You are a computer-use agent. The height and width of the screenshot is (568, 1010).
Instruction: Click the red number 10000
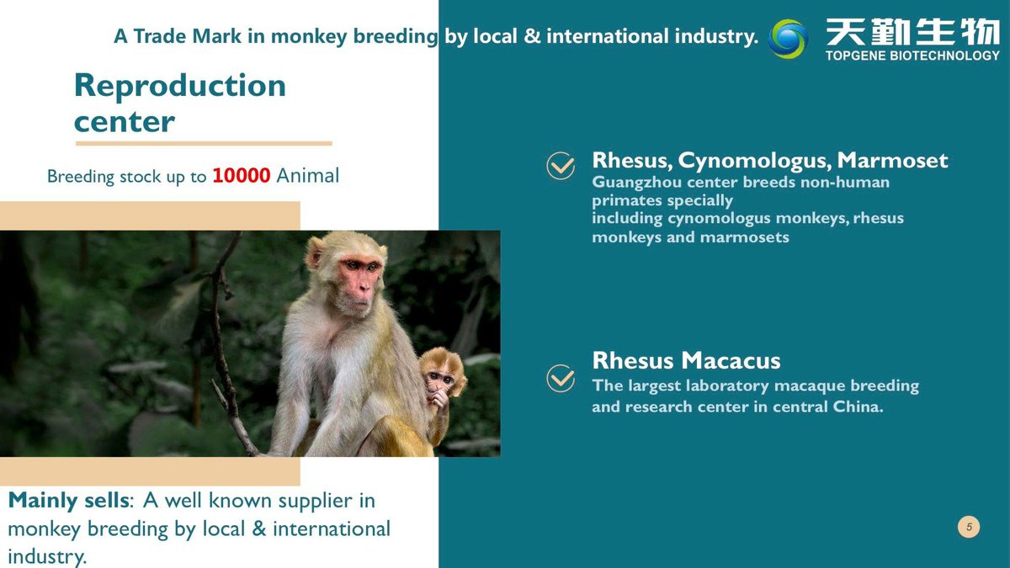click(x=242, y=175)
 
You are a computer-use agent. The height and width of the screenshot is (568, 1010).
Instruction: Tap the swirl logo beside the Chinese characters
click(x=788, y=39)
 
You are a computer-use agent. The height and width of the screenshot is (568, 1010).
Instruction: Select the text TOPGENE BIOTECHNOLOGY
click(x=912, y=56)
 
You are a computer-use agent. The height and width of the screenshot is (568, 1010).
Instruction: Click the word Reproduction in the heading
click(x=180, y=86)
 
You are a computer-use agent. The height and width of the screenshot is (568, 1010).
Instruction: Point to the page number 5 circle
click(x=969, y=527)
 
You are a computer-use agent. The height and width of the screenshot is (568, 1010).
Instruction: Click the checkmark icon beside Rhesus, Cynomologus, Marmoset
click(x=561, y=166)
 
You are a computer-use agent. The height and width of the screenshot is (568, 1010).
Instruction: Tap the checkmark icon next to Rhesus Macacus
click(x=561, y=378)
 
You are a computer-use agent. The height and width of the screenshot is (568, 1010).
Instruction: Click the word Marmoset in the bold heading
click(x=892, y=161)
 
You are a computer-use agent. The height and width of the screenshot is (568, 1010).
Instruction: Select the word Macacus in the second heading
click(x=731, y=361)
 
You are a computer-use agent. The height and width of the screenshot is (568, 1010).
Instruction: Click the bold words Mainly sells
click(x=69, y=501)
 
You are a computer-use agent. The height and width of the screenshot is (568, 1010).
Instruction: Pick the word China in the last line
click(x=858, y=406)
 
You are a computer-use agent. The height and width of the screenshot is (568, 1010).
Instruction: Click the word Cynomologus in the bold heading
click(x=754, y=162)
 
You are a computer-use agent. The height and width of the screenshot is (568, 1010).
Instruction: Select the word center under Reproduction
click(x=125, y=123)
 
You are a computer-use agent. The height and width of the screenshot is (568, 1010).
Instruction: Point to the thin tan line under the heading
click(x=204, y=143)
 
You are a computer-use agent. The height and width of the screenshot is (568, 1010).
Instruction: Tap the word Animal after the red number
click(x=307, y=175)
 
